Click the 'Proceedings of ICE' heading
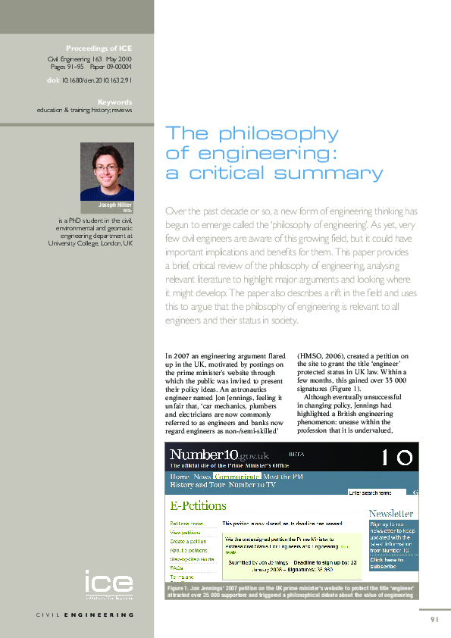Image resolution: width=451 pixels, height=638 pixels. coord(99,48)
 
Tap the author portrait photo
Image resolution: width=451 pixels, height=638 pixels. coord(107,171)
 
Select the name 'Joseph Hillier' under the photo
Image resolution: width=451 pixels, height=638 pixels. coord(114,205)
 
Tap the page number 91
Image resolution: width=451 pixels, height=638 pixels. coord(434,619)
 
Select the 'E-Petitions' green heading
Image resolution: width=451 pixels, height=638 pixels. coord(198,505)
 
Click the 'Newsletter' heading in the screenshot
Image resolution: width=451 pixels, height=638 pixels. coord(391,513)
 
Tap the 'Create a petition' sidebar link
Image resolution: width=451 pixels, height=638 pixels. coord(188,542)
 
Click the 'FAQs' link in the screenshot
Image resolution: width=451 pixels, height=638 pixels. coord(176,568)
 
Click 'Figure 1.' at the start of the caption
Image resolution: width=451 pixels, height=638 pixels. coord(180,589)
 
